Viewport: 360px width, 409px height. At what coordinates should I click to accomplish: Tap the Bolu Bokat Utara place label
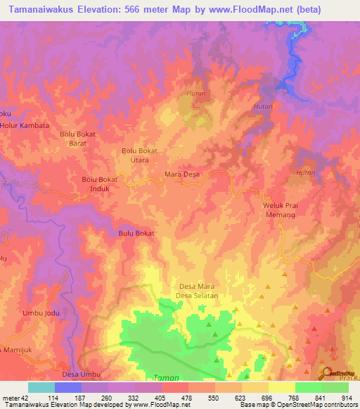pyautogui.click(x=139, y=155)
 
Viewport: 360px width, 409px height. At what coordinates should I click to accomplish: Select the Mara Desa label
pyautogui.click(x=182, y=174)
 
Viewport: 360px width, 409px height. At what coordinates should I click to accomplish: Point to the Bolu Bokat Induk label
pyautogui.click(x=99, y=183)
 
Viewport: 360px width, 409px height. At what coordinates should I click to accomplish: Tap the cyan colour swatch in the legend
pyautogui.click(x=41, y=387)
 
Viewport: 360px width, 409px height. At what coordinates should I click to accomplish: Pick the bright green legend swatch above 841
pyautogui.click(x=308, y=387)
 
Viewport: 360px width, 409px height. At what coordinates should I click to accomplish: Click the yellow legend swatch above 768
pyautogui.click(x=281, y=387)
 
